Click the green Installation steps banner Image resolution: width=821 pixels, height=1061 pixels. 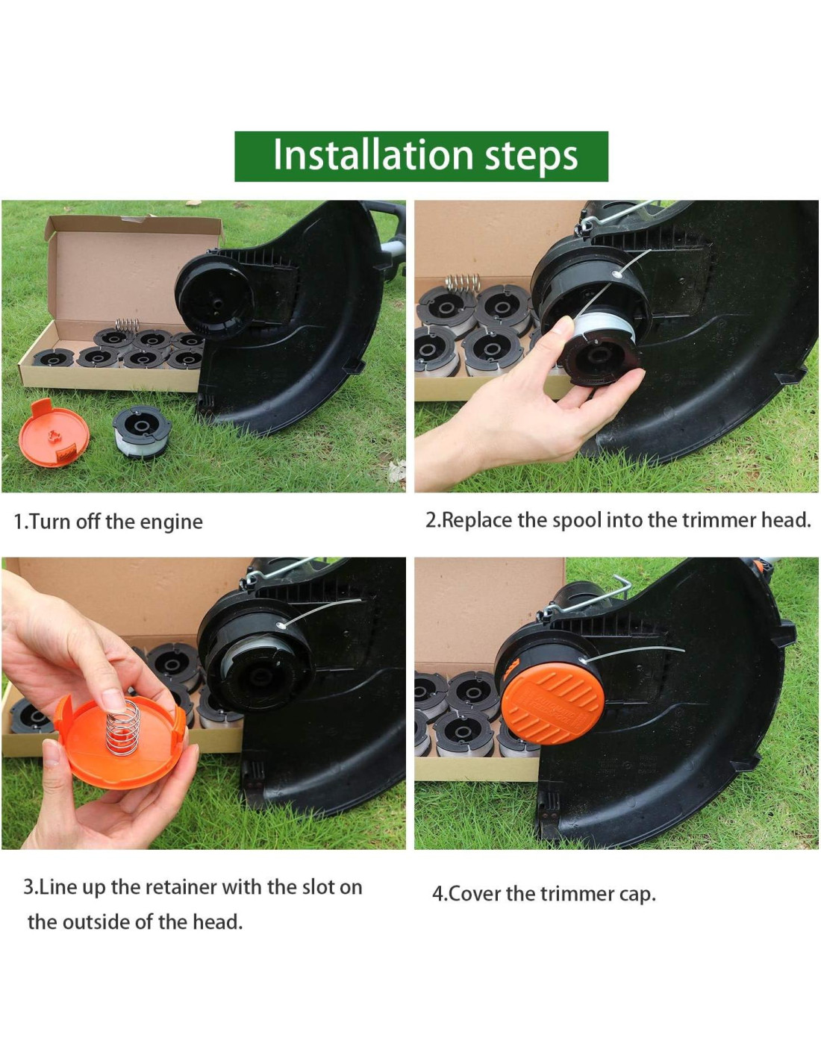coord(421,156)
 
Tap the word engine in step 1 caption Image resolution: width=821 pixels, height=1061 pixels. coord(171,522)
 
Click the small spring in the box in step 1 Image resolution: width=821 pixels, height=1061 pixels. coord(127,324)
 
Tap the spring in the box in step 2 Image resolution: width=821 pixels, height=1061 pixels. coord(463,283)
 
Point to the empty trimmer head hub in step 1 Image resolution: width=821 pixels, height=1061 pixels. coord(215,298)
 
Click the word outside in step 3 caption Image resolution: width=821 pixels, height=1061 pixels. coord(96,921)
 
